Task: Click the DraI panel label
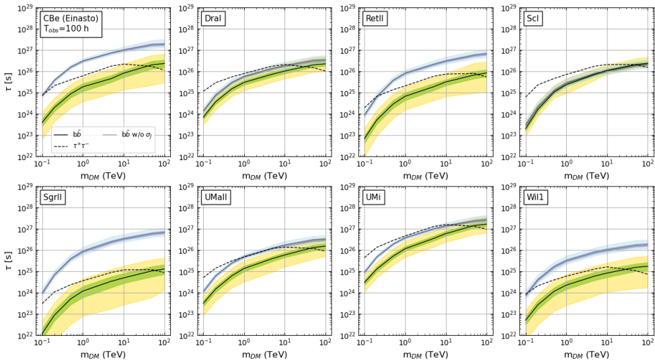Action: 214,19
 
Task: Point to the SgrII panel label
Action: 54,198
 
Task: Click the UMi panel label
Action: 373,198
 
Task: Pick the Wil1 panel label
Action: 536,198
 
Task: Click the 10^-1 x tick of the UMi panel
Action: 364,343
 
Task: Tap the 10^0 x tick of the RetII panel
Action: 405,165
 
